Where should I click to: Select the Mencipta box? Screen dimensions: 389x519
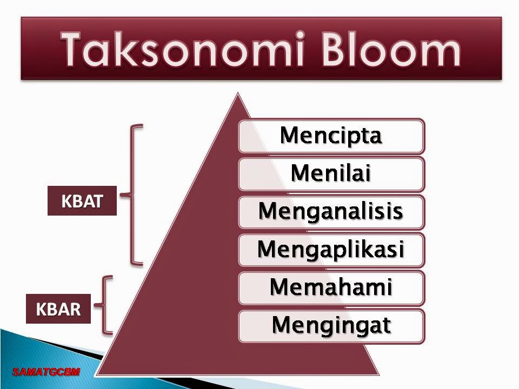pyautogui.click(x=331, y=136)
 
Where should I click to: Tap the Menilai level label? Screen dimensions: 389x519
pyautogui.click(x=331, y=173)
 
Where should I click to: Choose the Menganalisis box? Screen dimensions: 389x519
pyautogui.click(x=331, y=211)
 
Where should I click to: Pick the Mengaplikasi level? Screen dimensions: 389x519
pyautogui.click(x=331, y=249)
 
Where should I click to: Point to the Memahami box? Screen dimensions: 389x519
pyautogui.click(x=331, y=287)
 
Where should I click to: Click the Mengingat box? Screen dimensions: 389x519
pyautogui.click(x=331, y=325)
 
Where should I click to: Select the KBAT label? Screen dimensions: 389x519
pyautogui.click(x=82, y=201)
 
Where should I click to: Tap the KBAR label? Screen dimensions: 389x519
pyautogui.click(x=58, y=310)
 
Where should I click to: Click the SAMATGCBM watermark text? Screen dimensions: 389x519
pyautogui.click(x=46, y=371)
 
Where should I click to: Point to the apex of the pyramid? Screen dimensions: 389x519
pyautogui.click(x=236, y=96)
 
